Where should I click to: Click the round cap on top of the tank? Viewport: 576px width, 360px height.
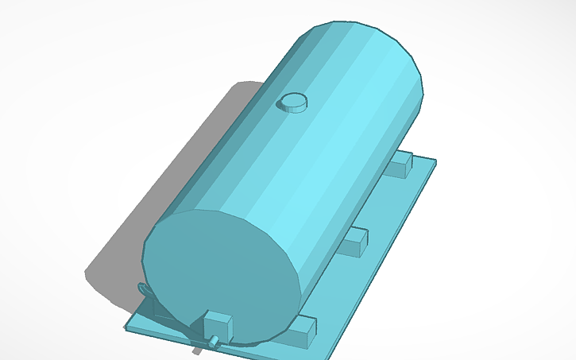(x=292, y=101)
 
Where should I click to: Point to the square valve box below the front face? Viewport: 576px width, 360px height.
(x=217, y=326)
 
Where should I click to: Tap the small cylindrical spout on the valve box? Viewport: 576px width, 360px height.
(x=214, y=342)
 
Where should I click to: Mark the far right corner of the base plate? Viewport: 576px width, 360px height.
(x=435, y=161)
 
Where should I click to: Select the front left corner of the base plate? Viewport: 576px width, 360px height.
(x=127, y=327)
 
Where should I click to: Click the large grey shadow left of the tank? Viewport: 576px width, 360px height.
(x=159, y=199)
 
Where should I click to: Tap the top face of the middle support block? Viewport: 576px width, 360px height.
(x=356, y=234)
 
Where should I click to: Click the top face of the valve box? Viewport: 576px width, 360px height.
(x=218, y=317)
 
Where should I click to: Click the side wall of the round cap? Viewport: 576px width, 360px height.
(x=292, y=108)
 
